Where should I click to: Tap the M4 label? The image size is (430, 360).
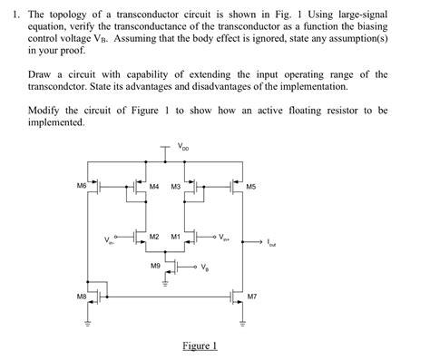click(x=154, y=187)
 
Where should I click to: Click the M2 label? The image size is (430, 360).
click(x=154, y=236)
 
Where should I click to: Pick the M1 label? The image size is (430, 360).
click(x=176, y=236)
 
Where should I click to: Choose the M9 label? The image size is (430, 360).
click(x=156, y=266)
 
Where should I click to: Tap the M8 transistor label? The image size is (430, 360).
click(x=81, y=295)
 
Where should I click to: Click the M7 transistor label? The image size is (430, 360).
click(x=251, y=296)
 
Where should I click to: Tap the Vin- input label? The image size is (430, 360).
click(x=110, y=240)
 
